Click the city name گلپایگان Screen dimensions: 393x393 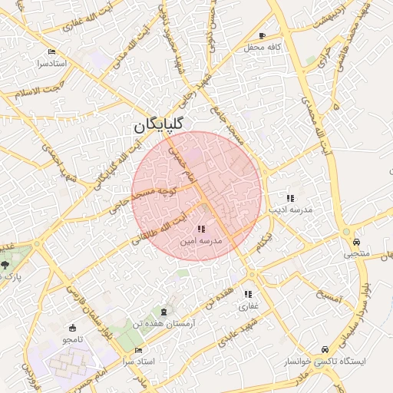coord(158,125)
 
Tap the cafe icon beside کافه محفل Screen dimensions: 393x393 coord(262,36)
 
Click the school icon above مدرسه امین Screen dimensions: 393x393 coord(201,229)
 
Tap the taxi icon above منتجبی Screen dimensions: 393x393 coord(346,232)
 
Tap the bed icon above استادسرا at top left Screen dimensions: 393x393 coord(51,52)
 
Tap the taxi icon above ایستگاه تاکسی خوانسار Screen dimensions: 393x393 coord(326,348)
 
